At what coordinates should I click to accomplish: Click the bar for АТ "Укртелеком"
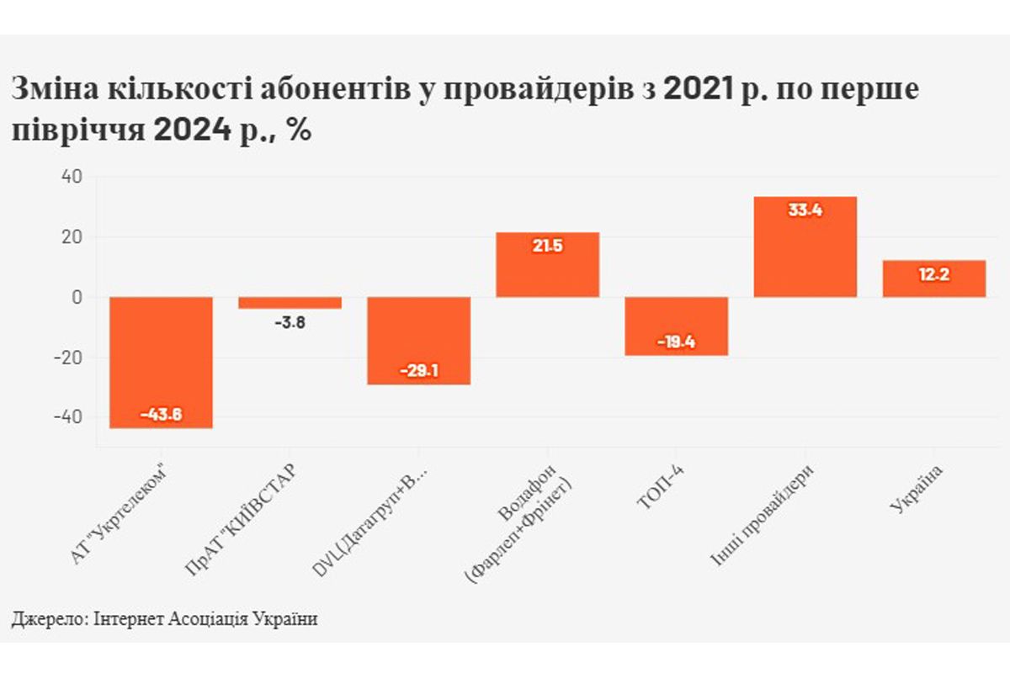coord(161,362)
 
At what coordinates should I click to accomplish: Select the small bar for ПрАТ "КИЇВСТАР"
coord(290,303)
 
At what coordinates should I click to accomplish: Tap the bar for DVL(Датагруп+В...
coord(418,340)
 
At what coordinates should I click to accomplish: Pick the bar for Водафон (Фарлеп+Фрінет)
coord(547,264)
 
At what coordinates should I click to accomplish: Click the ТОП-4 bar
coord(676,326)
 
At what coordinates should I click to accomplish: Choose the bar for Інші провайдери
coord(805,246)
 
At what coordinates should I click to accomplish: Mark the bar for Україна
coord(933,278)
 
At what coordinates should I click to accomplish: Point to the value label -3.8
coord(290,321)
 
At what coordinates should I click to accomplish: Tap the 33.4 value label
coord(805,210)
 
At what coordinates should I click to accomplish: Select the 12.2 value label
coord(933,275)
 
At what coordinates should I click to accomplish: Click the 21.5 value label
coord(547,246)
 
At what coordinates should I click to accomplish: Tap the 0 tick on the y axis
coord(77,298)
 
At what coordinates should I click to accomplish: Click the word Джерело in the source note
coord(44,619)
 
